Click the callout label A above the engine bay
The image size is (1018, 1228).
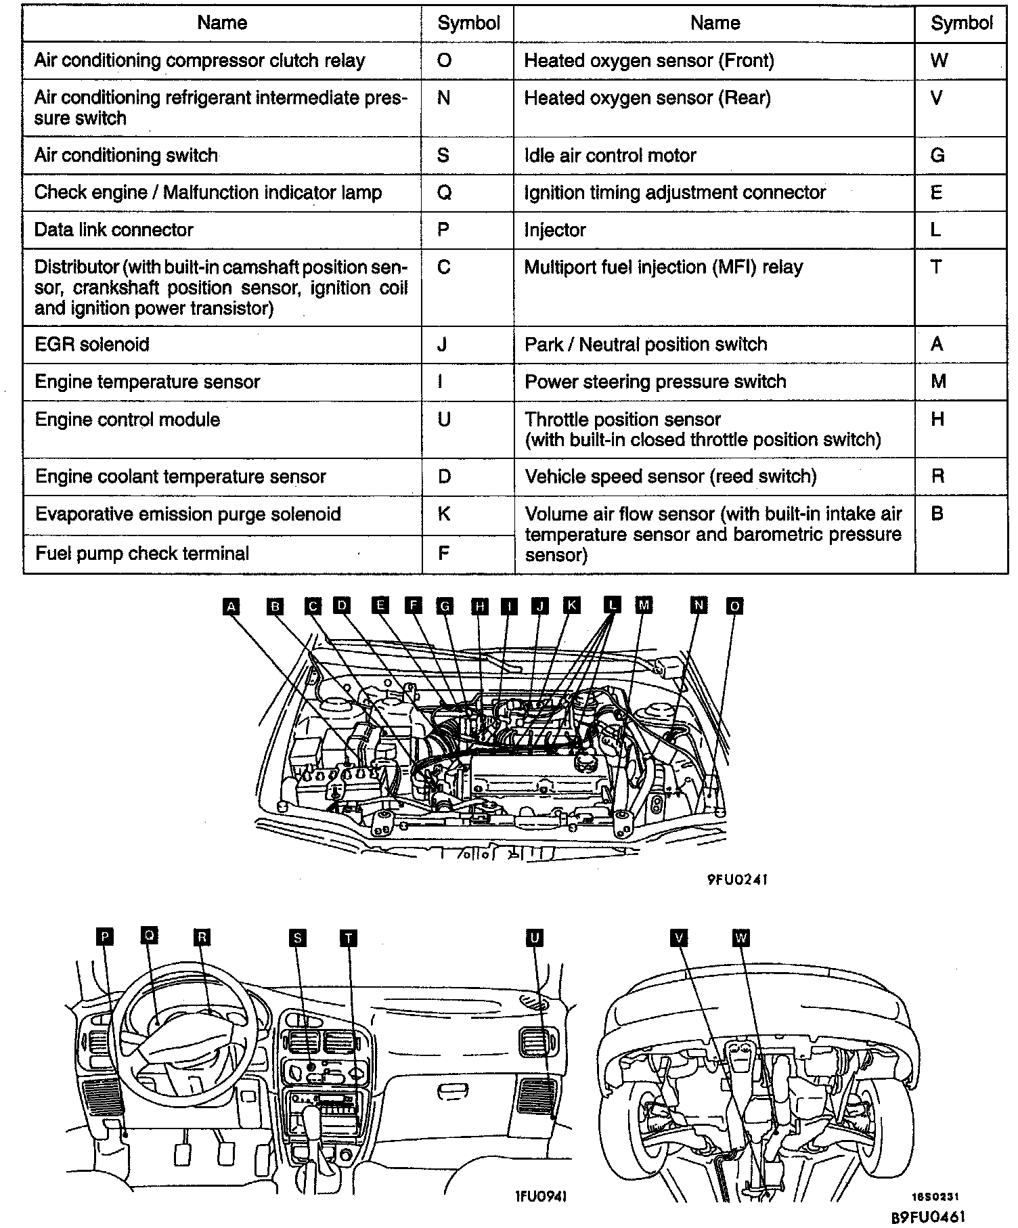click(x=231, y=606)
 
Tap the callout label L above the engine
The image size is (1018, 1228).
click(x=612, y=605)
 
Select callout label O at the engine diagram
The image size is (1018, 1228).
click(x=734, y=606)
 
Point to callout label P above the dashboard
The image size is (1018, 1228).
click(x=104, y=937)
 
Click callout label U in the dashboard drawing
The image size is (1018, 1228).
click(x=534, y=938)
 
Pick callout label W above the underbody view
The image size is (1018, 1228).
click(x=741, y=938)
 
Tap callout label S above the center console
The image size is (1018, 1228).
click(x=297, y=938)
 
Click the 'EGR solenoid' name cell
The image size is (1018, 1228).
click(x=92, y=345)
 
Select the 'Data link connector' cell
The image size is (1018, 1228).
click(x=114, y=230)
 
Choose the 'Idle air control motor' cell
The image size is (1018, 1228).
click(x=610, y=156)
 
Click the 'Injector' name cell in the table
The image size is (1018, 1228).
click(x=555, y=230)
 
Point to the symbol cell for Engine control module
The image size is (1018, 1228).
click(x=444, y=420)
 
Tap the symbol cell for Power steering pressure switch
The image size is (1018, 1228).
click(x=938, y=382)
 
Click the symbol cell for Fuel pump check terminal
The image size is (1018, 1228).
click(x=444, y=554)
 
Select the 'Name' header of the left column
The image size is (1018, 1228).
click(x=222, y=23)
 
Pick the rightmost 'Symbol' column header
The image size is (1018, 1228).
click(x=961, y=23)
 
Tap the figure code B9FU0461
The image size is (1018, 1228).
click(x=927, y=1216)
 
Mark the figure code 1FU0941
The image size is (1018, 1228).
click(x=540, y=1196)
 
